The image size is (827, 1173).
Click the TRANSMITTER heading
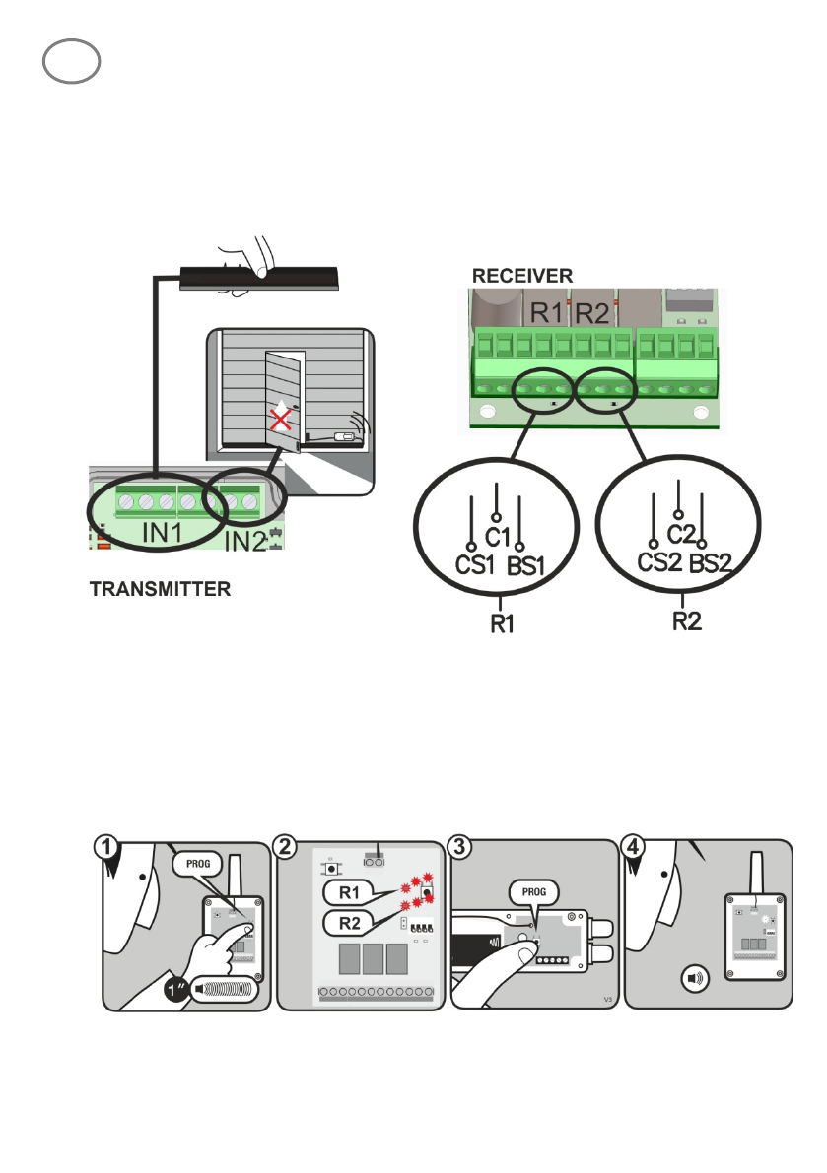(x=161, y=590)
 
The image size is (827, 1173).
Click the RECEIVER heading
(x=521, y=275)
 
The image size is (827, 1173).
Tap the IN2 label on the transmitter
(x=243, y=540)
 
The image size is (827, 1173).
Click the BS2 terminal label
(x=709, y=562)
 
